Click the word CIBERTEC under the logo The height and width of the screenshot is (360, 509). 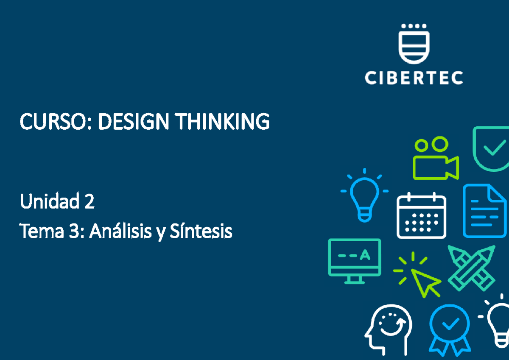click(414, 78)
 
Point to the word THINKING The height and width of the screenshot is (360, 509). click(223, 123)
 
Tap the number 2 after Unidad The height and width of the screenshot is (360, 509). click(89, 202)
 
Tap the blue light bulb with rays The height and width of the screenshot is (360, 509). click(364, 195)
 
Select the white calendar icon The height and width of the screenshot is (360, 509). click(421, 216)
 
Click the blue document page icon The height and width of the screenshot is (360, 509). click(484, 211)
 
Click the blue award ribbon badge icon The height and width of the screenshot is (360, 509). click(449, 329)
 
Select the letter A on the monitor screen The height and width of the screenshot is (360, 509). click(364, 255)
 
